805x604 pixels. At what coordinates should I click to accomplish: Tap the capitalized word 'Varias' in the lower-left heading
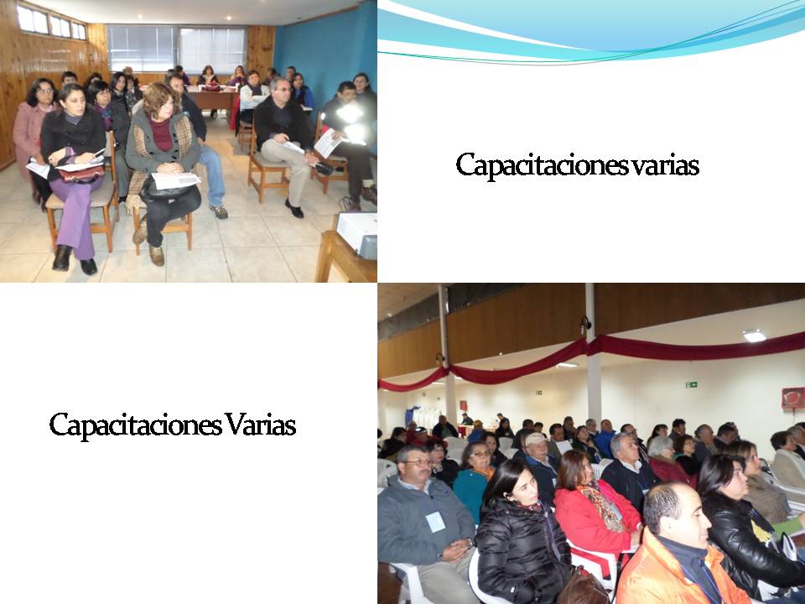(x=260, y=425)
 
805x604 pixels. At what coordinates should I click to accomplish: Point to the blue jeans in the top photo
(x=211, y=172)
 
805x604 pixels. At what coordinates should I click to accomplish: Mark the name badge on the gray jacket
(x=435, y=522)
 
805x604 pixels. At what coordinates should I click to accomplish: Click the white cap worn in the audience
(x=536, y=439)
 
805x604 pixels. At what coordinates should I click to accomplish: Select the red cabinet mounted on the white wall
(x=792, y=398)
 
